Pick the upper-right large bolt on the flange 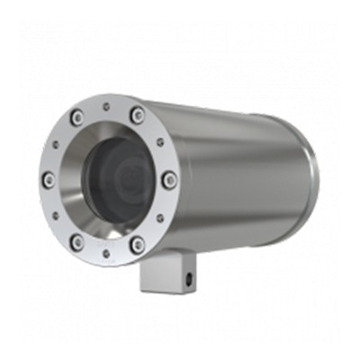pos(137,114)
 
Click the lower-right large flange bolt pos(137,244)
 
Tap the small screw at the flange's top pos(108,106)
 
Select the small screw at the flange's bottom pos(108,253)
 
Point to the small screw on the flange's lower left pos(58,216)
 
